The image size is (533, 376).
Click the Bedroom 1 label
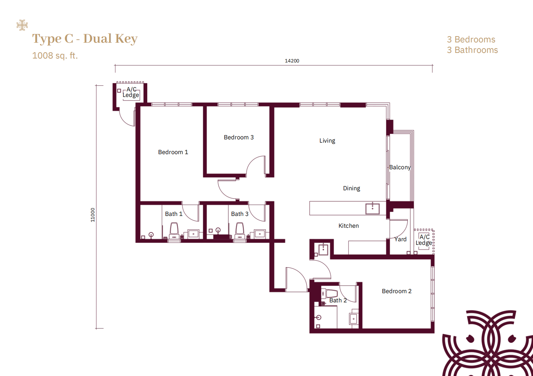pyautogui.click(x=173, y=152)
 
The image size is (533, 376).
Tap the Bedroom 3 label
pyautogui.click(x=239, y=137)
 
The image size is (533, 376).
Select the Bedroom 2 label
pyautogui.click(x=397, y=291)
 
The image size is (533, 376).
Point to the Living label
pyautogui.click(x=327, y=141)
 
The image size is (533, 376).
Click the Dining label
pyautogui.click(x=352, y=188)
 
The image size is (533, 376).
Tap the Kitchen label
pyautogui.click(x=349, y=225)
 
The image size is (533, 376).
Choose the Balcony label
pyautogui.click(x=400, y=167)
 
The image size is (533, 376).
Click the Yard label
pyautogui.click(x=401, y=239)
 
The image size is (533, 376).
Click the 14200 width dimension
pyautogui.click(x=292, y=61)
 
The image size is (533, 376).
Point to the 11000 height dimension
pyautogui.click(x=93, y=215)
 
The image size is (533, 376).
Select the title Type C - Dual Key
pyautogui.click(x=85, y=39)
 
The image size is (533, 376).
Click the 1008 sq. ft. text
pyautogui.click(x=55, y=56)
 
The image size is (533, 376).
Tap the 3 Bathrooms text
pyautogui.click(x=472, y=50)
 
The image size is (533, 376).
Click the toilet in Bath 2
pyautogui.click(x=330, y=293)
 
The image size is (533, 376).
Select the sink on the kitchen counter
pyautogui.click(x=373, y=209)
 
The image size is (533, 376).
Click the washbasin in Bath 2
pyautogui.click(x=354, y=319)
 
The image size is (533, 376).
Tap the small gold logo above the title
pyautogui.click(x=22, y=25)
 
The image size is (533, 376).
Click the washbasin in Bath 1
pyautogui.click(x=194, y=234)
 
